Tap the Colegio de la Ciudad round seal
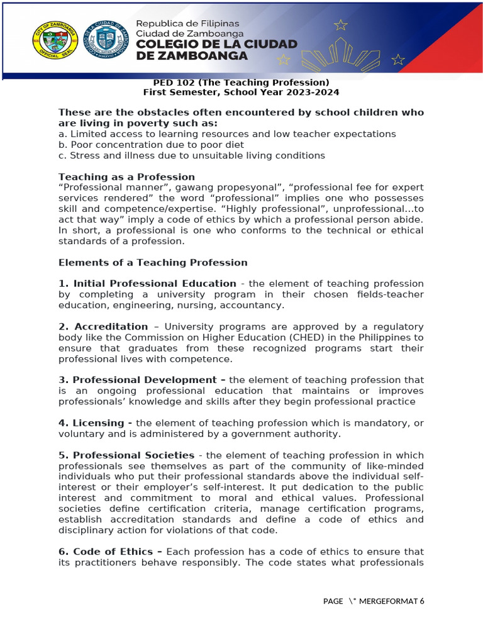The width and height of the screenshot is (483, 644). click(x=106, y=40)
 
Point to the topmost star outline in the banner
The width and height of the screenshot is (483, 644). click(x=341, y=25)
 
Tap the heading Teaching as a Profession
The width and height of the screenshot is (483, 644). click(x=126, y=177)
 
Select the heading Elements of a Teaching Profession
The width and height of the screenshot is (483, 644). click(x=153, y=262)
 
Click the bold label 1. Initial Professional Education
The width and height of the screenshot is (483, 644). click(x=147, y=284)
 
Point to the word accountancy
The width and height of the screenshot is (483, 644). click(x=258, y=305)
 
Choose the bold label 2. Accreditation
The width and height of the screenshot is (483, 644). click(x=103, y=326)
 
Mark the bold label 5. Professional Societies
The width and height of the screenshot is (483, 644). click(x=126, y=455)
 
